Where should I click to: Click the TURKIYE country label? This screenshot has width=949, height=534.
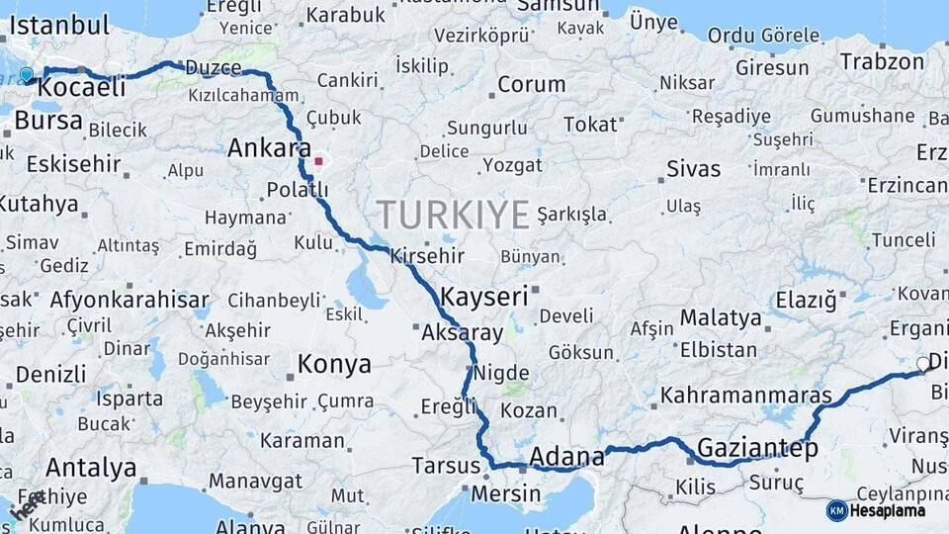pyautogui.click(x=453, y=215)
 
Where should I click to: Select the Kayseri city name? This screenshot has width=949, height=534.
pyautogui.click(x=483, y=296)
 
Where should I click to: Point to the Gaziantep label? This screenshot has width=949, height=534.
pyautogui.click(x=757, y=448)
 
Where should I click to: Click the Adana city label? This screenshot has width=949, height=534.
pyautogui.click(x=566, y=457)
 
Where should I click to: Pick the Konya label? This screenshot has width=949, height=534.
pyautogui.click(x=334, y=364)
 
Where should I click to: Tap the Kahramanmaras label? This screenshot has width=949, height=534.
pyautogui.click(x=746, y=396)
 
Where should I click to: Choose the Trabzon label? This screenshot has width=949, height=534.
pyautogui.click(x=882, y=61)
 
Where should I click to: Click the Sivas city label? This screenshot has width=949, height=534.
pyautogui.click(x=693, y=168)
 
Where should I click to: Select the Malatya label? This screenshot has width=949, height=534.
pyautogui.click(x=722, y=318)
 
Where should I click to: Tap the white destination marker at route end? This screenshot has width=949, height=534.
pyautogui.click(x=923, y=364)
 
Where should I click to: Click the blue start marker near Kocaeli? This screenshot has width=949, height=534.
pyautogui.click(x=27, y=74)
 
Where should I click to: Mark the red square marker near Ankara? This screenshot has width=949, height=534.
pyautogui.click(x=318, y=160)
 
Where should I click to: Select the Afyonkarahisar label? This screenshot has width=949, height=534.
pyautogui.click(x=129, y=300)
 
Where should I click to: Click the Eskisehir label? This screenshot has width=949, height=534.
pyautogui.click(x=73, y=163)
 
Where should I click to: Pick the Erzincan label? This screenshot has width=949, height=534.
pyautogui.click(x=907, y=185)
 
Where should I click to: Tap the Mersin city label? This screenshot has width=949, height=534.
pyautogui.click(x=506, y=493)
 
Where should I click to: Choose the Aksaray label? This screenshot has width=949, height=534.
pyautogui.click(x=462, y=332)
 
